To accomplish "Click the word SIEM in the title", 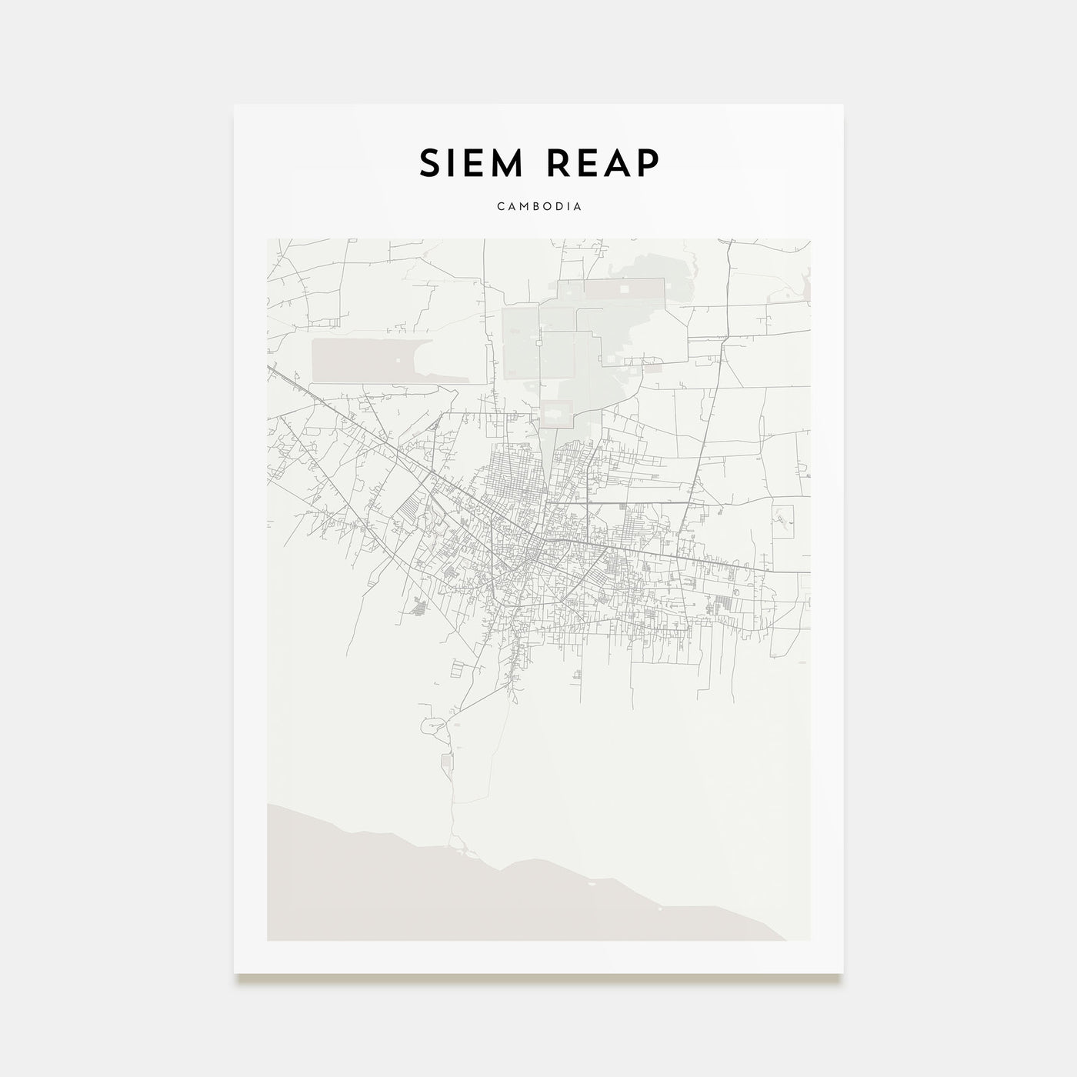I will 469,163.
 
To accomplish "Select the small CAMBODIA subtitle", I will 538,207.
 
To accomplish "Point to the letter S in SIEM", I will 428,163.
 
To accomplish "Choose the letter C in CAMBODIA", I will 500,207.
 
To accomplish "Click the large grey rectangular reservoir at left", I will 362,360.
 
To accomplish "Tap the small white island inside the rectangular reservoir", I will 398,359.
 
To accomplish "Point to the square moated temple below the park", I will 557,413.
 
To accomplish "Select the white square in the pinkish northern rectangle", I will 624,288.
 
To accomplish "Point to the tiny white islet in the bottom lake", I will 592,885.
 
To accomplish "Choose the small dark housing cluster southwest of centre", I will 419,609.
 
